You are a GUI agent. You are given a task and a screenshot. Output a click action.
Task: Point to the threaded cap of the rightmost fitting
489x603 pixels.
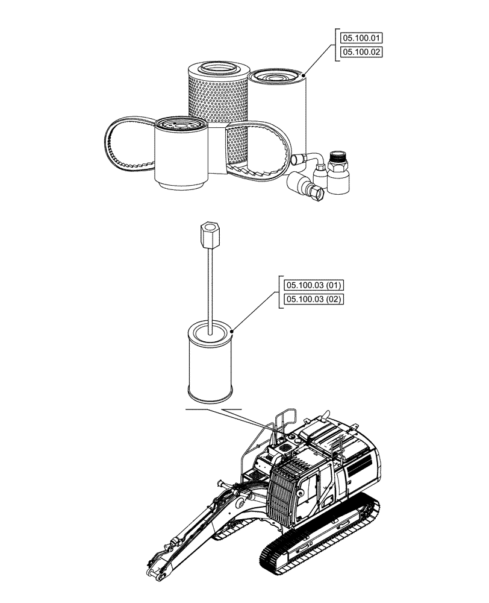[339, 160]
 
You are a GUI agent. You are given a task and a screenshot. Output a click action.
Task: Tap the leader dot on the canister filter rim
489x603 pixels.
[304, 74]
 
